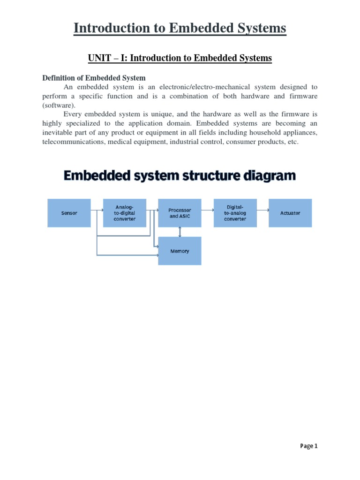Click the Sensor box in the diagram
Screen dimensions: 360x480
[69, 213]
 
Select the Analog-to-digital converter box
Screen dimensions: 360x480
[125, 213]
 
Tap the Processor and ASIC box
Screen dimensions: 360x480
[180, 213]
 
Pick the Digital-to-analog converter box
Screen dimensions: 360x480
[235, 213]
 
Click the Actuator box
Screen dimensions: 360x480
[290, 213]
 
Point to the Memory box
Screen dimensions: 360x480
[180, 251]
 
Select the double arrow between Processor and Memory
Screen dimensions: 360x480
[180, 232]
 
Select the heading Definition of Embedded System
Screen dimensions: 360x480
[94, 78]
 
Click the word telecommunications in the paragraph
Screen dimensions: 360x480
[74, 142]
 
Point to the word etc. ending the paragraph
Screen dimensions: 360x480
[292, 142]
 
